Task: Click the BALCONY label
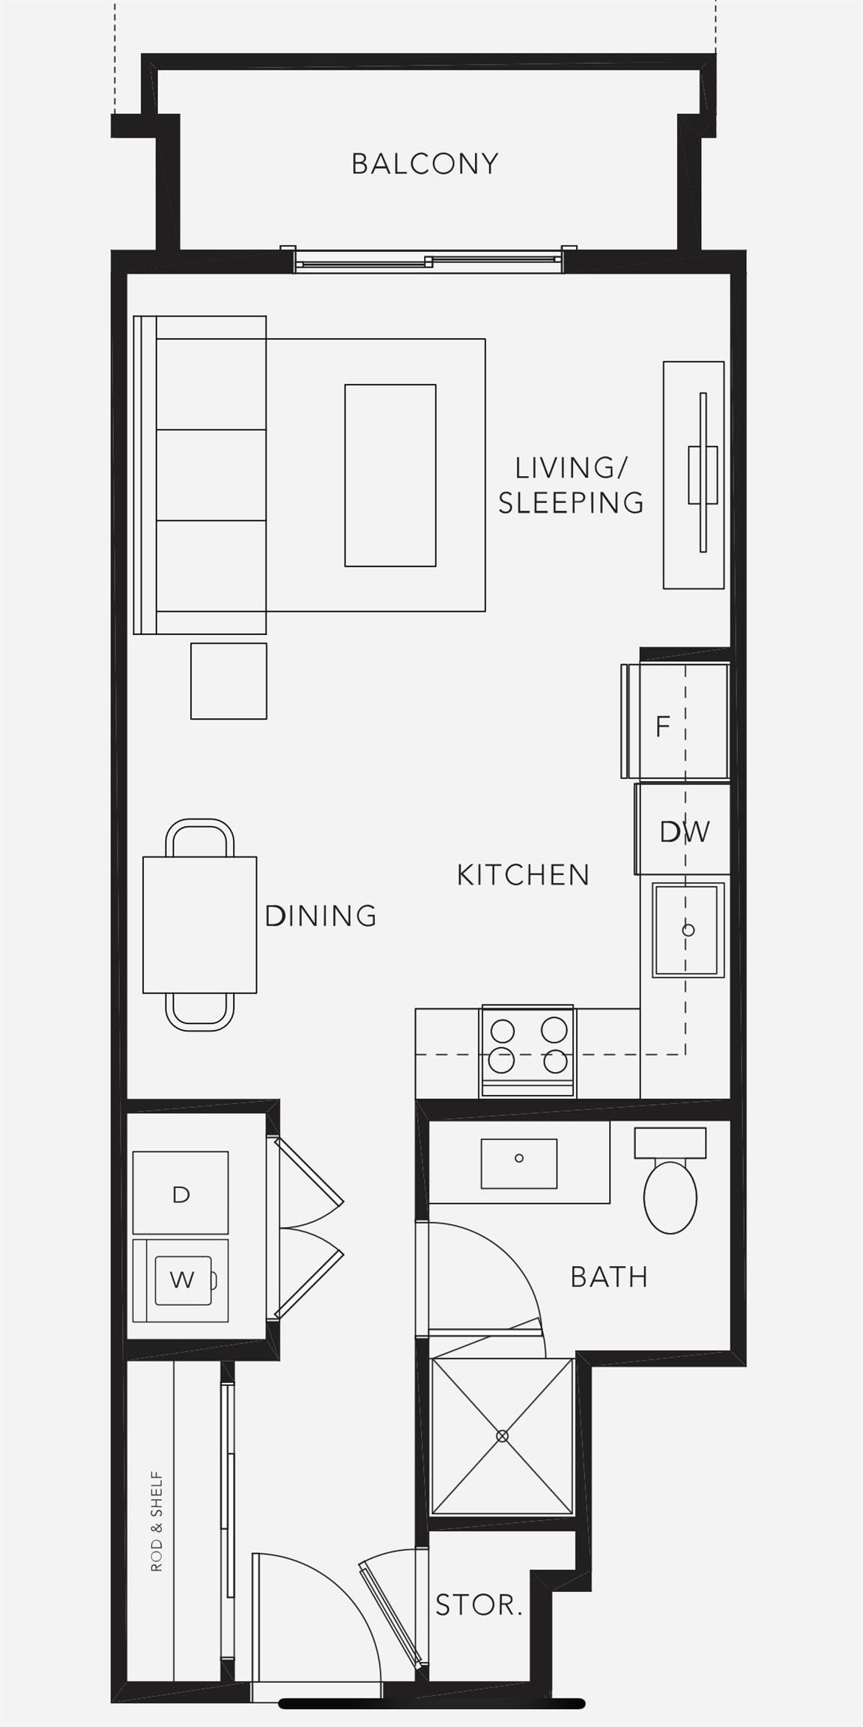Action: [425, 163]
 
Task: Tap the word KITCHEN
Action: [523, 875]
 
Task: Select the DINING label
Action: [321, 915]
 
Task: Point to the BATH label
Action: [609, 1277]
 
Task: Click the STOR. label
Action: [479, 1605]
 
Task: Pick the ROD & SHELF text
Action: [157, 1521]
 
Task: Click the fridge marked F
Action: [674, 723]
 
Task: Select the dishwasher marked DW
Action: [684, 831]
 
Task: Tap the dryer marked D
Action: [181, 1194]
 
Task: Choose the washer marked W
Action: [182, 1280]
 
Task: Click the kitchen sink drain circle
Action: [688, 930]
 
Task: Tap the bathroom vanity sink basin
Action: [518, 1163]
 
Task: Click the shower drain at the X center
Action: [502, 1436]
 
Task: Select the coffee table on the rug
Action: [390, 475]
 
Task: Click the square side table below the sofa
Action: [228, 681]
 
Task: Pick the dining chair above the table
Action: [199, 837]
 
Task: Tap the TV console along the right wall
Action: [693, 474]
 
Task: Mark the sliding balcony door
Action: [428, 261]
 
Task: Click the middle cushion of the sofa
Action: [211, 474]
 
